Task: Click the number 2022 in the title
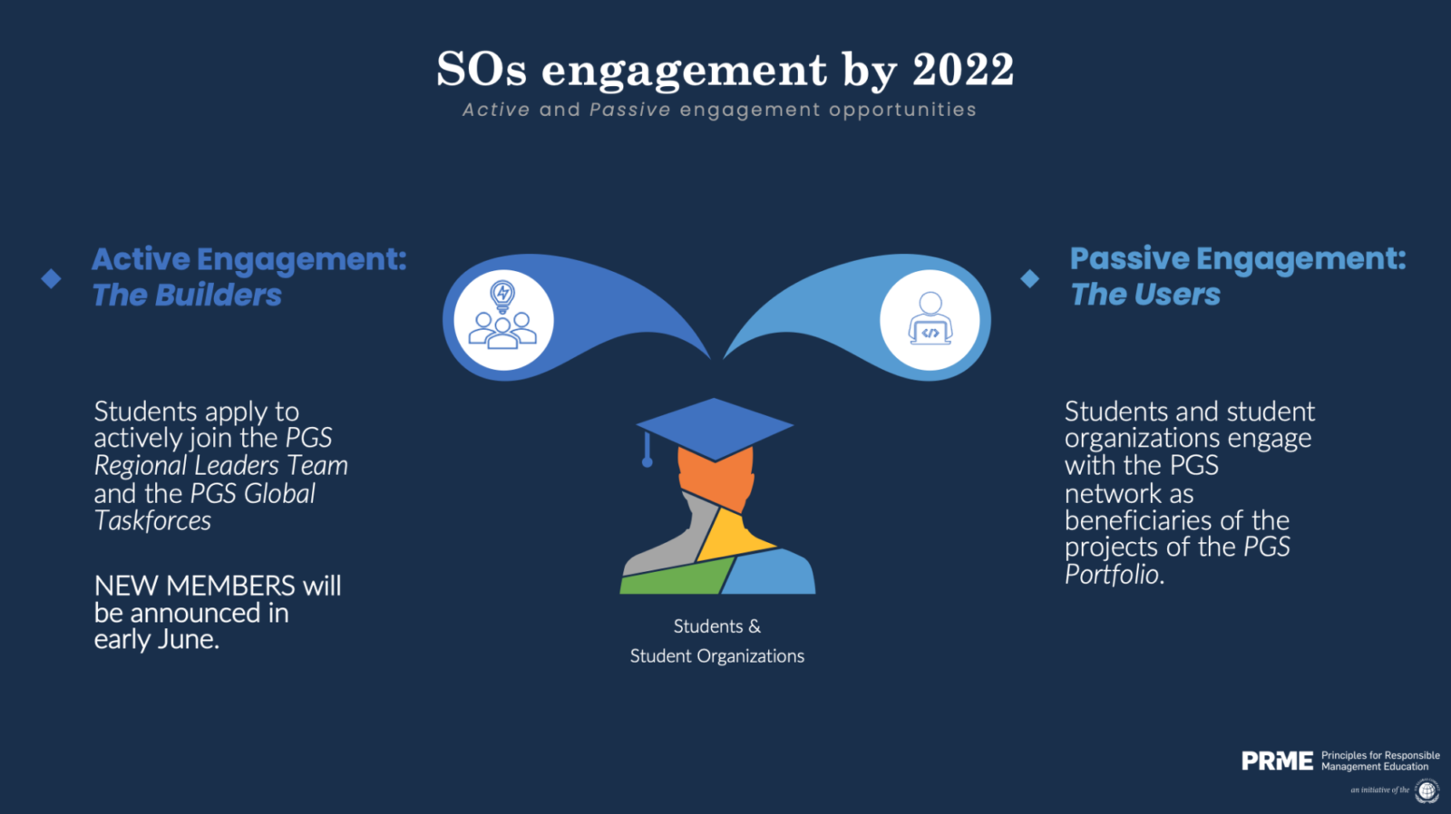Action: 962,69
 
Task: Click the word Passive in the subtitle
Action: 629,110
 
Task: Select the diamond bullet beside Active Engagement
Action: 51,278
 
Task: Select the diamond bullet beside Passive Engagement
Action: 1030,278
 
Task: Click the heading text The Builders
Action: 187,295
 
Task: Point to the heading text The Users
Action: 1144,294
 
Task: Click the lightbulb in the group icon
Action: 502,296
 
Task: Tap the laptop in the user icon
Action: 930,332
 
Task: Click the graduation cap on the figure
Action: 715,429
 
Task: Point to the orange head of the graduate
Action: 716,480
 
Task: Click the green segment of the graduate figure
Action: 677,577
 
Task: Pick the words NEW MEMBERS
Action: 194,586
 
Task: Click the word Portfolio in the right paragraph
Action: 1112,575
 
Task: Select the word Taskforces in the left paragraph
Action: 152,520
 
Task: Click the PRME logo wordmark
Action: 1278,761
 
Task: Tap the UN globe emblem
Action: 1427,790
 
